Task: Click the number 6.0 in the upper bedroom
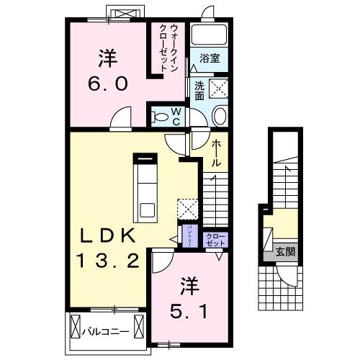click(108, 82)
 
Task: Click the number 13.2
click(108, 260)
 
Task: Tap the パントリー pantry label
click(189, 236)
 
